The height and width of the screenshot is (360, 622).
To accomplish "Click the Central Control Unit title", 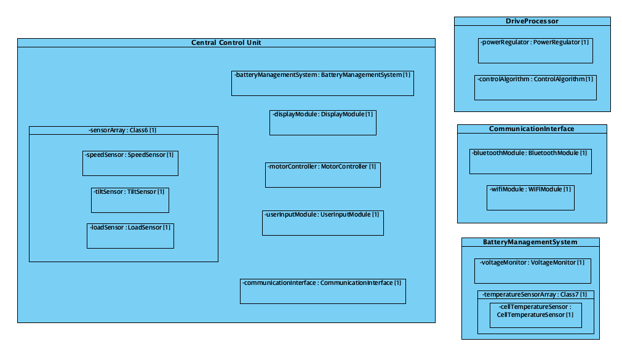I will (x=226, y=42).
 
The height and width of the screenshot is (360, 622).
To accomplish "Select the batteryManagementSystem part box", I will (x=322, y=83).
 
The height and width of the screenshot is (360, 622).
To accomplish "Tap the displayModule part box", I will (x=322, y=122).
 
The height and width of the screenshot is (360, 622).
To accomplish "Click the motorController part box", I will (x=322, y=175).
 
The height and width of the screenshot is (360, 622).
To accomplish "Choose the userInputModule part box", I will (x=322, y=223).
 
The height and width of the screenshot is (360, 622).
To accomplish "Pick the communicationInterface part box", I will (x=322, y=291).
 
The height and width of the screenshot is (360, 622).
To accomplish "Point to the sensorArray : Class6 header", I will (x=123, y=130).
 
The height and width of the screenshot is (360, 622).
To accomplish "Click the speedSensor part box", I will (x=130, y=163).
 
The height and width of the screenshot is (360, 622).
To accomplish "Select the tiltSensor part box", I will (x=129, y=200).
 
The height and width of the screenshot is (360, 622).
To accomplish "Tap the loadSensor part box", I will (x=130, y=236).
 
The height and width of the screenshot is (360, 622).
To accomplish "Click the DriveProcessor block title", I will (x=532, y=21).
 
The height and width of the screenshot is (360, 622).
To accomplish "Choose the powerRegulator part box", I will (x=535, y=50).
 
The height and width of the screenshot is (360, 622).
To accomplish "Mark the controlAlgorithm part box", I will (x=535, y=87).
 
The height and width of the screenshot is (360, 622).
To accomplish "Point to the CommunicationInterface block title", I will (x=532, y=129).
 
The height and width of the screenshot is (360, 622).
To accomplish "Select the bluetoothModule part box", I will (x=530, y=161).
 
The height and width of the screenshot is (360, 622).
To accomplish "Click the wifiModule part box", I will (x=530, y=197).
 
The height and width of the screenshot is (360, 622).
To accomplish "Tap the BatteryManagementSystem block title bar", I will (x=530, y=242).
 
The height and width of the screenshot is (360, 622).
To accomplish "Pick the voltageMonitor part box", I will (x=533, y=271).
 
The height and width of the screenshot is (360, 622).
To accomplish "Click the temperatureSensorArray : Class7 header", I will (x=535, y=294).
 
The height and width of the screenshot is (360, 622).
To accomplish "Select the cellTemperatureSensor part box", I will (x=535, y=315).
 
